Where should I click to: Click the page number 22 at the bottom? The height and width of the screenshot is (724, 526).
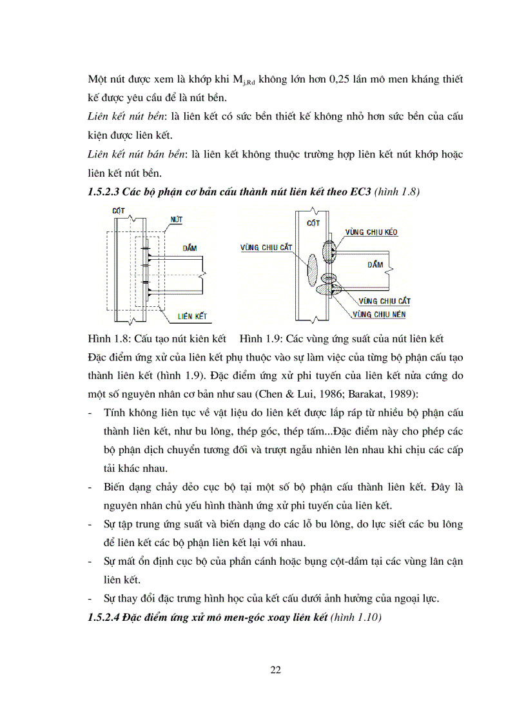(275, 670)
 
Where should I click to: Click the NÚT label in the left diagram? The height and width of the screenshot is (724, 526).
(176, 220)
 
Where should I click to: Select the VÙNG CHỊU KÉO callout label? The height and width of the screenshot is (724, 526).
(372, 231)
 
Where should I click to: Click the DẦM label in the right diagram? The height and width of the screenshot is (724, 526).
(376, 264)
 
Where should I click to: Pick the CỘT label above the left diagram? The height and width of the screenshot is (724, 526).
(118, 211)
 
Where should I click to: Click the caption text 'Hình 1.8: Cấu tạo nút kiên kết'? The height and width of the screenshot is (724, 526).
(157, 338)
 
